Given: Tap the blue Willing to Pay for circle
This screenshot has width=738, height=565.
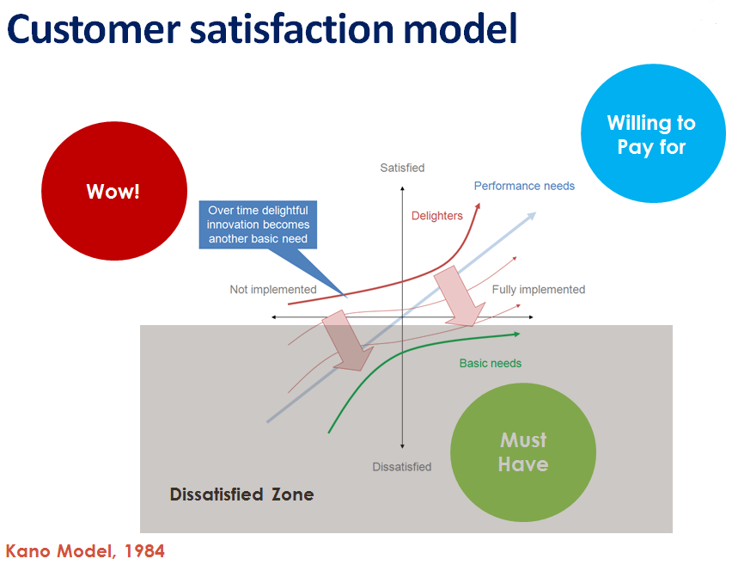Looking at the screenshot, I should [x=652, y=135].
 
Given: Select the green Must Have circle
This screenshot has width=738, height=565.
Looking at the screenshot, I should [x=523, y=452].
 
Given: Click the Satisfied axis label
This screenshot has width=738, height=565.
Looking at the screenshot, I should [x=402, y=168].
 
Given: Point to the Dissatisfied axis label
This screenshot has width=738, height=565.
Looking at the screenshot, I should [x=402, y=466].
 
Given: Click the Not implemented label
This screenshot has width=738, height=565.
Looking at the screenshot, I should [x=273, y=290].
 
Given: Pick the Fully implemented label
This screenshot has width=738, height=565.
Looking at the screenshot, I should [x=538, y=290].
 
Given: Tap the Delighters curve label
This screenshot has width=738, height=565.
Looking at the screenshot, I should [x=436, y=216].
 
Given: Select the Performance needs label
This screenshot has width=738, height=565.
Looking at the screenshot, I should [x=524, y=186].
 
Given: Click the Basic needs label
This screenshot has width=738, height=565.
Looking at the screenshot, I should [x=491, y=363].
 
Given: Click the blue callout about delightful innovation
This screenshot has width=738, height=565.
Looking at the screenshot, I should [x=258, y=224].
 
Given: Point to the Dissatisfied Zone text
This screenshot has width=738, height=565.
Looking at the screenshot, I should [x=241, y=494].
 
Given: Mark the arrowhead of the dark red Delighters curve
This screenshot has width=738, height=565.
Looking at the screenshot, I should [x=478, y=206].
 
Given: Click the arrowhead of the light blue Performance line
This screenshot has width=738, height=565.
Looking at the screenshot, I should [x=532, y=216].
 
